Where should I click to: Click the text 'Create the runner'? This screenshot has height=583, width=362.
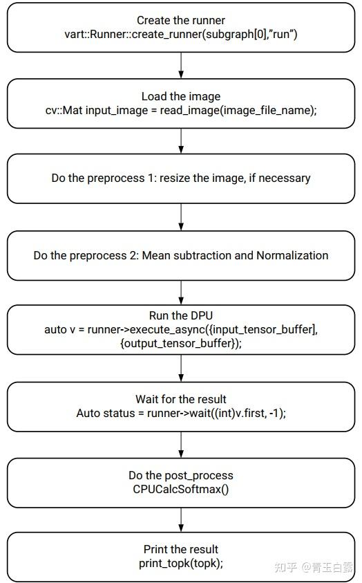(180, 20)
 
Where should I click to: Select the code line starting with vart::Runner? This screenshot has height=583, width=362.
(180, 34)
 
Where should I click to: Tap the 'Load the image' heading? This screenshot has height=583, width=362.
(180, 97)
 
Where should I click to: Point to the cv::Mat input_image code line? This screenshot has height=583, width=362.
(180, 111)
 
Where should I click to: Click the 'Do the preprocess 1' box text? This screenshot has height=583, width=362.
(180, 178)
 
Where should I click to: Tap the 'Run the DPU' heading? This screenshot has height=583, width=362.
(180, 315)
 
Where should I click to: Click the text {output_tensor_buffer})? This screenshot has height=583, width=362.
(180, 343)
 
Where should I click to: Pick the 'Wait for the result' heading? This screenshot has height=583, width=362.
(180, 400)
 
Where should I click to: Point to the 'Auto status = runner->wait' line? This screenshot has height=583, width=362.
(180, 413)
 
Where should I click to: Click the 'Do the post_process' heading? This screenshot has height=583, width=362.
(180, 475)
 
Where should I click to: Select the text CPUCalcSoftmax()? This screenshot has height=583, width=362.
(180, 489)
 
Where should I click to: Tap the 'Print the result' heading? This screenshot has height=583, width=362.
(180, 550)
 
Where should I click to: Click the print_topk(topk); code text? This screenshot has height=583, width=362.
(180, 564)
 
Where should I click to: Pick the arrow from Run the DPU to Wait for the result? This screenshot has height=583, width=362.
(180, 368)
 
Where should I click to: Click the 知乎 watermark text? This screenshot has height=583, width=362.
(286, 568)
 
